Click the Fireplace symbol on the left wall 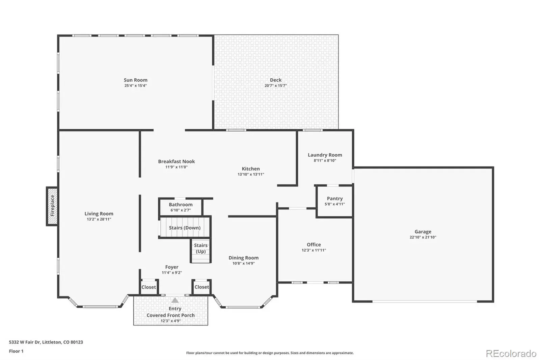[52, 206]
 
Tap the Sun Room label [135, 80]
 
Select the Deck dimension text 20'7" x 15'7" [275, 85]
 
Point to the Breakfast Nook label [177, 161]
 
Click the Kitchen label [251, 169]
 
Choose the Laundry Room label [325, 155]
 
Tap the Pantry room [334, 201]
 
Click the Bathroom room [181, 207]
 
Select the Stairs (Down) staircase [185, 227]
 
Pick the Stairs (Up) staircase [200, 251]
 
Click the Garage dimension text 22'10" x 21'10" [423, 237]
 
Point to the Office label [314, 245]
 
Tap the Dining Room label [243, 258]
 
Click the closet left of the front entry [149, 287]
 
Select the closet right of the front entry [202, 287]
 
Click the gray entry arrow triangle [175, 301]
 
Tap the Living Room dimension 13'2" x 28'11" [99, 219]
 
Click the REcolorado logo [511, 354]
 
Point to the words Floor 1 [16, 351]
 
